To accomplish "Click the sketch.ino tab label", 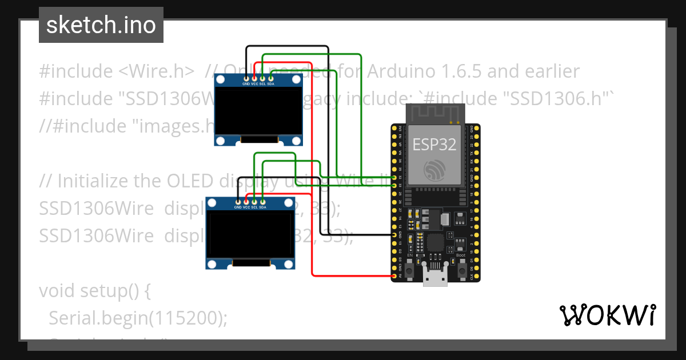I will [101, 25].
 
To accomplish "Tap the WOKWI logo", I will [607, 315].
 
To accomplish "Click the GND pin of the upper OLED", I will [246, 78].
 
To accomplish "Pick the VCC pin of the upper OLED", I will [254, 78].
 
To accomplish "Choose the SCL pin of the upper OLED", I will [262, 78].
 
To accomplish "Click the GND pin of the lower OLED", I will [238, 202].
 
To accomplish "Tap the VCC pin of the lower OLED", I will [246, 202].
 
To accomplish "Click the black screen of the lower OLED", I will [250, 234].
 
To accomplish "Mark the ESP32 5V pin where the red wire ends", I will [394, 277].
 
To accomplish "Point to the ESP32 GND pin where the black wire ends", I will [394, 235].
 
